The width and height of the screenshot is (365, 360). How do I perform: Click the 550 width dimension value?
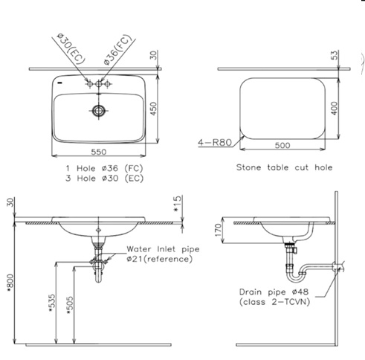pyautogui.click(x=99, y=152)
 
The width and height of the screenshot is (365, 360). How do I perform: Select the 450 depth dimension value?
pyautogui.click(x=154, y=109)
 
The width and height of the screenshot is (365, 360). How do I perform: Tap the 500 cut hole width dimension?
pyautogui.click(x=282, y=145)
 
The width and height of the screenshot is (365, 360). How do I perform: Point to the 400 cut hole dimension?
pyautogui.click(x=335, y=108)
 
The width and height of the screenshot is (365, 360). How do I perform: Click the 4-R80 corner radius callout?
pyautogui.click(x=215, y=143)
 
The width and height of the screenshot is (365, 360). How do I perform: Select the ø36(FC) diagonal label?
pyautogui.click(x=117, y=50)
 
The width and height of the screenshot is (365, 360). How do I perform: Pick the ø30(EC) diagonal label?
pyautogui.click(x=71, y=48)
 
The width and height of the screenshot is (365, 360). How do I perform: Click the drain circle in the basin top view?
pyautogui.click(x=99, y=111)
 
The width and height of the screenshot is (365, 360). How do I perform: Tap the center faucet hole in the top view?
pyautogui.click(x=99, y=84)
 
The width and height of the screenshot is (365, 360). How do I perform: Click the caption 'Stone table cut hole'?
pyautogui.click(x=284, y=167)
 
